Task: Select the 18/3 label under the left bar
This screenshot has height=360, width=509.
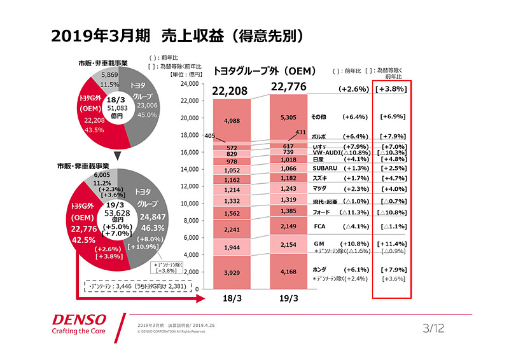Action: tap(232, 298)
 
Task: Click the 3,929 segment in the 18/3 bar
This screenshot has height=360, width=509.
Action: tap(232, 272)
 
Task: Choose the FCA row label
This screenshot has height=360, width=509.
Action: tap(320, 226)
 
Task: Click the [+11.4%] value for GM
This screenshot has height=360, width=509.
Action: tap(393, 244)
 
